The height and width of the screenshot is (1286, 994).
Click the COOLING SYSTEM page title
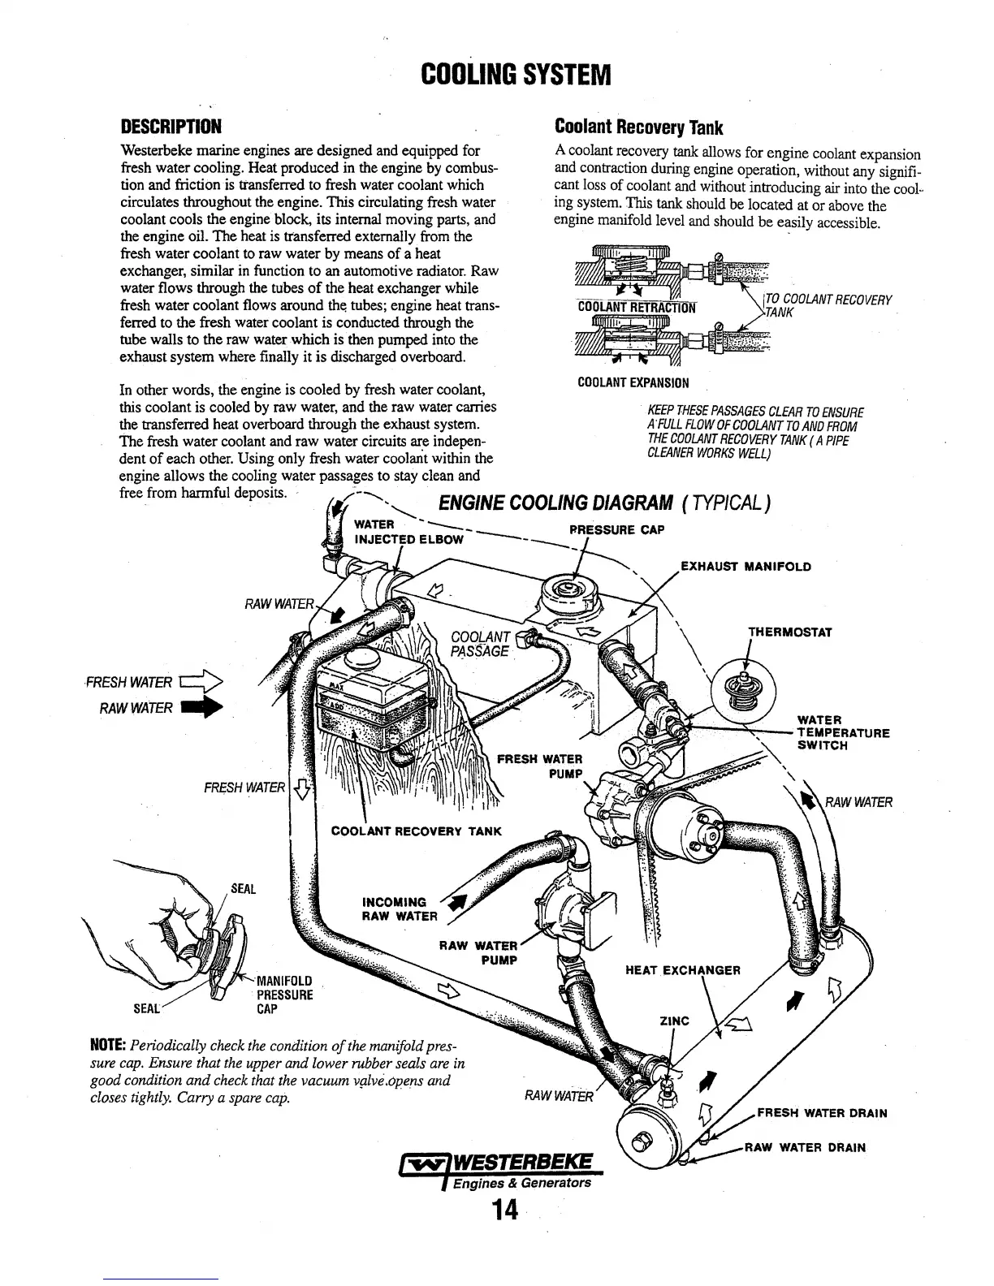[515, 75]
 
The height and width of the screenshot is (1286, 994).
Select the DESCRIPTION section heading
[171, 127]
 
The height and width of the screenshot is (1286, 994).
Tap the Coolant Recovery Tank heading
[638, 127]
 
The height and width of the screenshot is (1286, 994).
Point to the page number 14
[503, 1210]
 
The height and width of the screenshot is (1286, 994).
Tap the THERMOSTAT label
[789, 632]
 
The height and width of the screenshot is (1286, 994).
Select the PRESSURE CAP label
[616, 530]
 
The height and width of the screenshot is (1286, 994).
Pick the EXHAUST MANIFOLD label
[745, 566]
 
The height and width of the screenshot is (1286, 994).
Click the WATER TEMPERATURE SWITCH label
[843, 732]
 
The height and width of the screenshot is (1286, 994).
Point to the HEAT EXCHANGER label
[682, 970]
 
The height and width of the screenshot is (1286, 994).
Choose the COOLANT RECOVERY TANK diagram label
[417, 831]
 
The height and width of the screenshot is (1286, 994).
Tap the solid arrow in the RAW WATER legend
[202, 708]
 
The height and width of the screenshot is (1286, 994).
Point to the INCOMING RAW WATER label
[398, 908]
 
